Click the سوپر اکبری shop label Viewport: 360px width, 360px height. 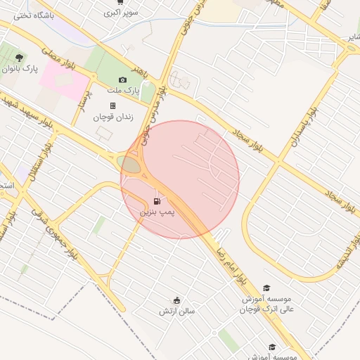(121, 13)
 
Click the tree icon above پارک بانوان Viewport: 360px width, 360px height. (18, 58)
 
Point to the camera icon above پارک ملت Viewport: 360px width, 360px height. (123, 80)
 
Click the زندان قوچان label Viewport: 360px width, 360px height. (112, 116)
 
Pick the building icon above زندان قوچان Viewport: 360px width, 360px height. (112, 105)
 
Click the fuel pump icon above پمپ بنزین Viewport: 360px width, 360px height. (156, 200)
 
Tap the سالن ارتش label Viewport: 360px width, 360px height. (176, 310)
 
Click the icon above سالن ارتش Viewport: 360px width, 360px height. (176, 300)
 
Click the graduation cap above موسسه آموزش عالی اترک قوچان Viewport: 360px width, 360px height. (266, 288)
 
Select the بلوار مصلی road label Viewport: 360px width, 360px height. (59, 60)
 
